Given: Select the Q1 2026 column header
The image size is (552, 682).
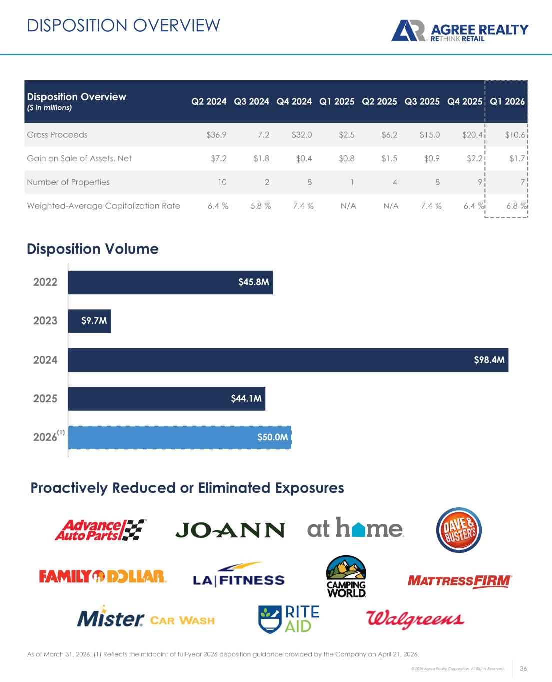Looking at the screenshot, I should (507, 102).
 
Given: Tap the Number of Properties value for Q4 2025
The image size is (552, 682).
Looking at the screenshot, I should (479, 182).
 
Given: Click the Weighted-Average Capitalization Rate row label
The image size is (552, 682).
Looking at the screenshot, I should (103, 206).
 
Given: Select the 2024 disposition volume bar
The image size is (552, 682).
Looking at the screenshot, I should (288, 360).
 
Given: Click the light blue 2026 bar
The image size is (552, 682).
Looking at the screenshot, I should (179, 437).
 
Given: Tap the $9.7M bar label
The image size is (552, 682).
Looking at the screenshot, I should (94, 321).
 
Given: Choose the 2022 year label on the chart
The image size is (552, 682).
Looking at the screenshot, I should (45, 282).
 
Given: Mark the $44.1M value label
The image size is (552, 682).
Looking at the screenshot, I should (246, 398).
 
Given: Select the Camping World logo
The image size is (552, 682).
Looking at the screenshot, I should (346, 577).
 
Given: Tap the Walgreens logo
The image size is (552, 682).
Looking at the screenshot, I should (415, 620).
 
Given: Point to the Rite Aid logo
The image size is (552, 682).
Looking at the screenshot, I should (289, 619).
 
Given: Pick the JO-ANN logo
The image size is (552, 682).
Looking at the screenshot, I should (230, 530).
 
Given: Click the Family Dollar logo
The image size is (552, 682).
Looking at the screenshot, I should (103, 577).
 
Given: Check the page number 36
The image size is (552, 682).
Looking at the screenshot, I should (524, 669).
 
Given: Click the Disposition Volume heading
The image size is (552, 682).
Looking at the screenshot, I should (93, 249).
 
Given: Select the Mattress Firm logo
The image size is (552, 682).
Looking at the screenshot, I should (460, 581).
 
